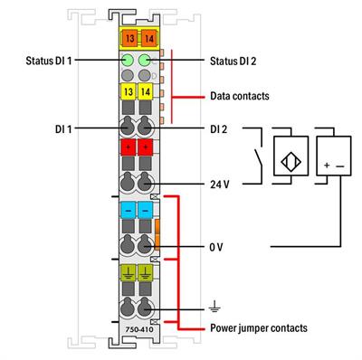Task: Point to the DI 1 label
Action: pyautogui.click(x=66, y=129)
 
